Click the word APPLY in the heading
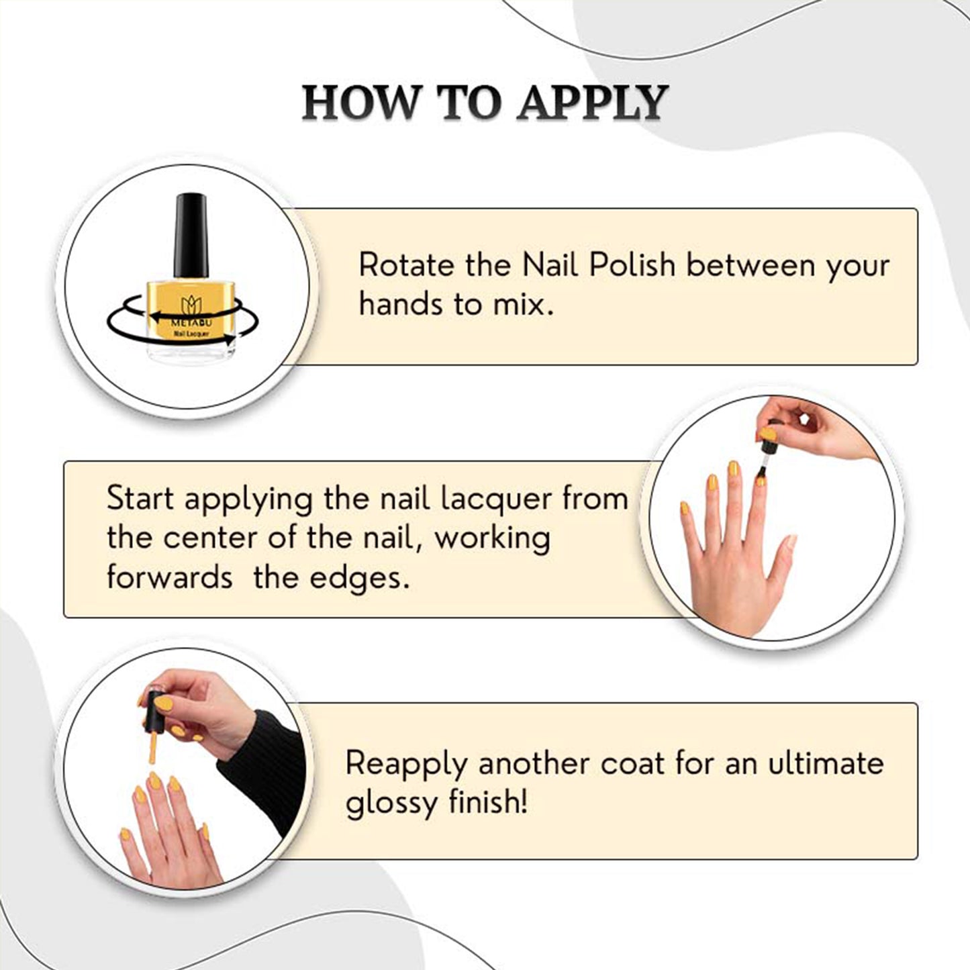593,103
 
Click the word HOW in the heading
360,103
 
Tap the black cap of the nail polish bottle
191,236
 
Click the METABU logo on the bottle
191,312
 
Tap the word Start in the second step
140,498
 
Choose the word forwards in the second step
170,577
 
